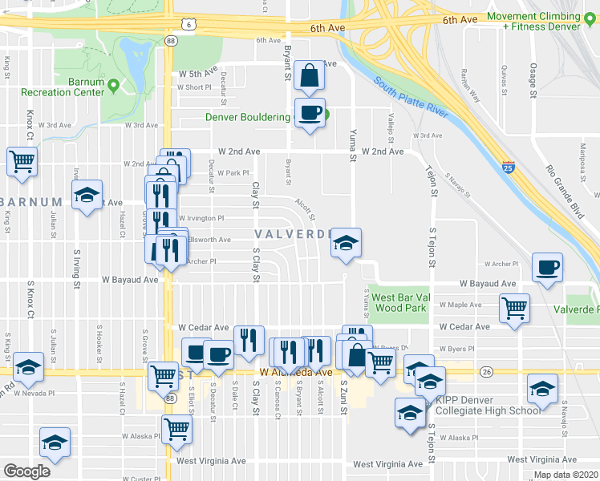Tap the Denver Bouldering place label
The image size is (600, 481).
pyautogui.click(x=247, y=117)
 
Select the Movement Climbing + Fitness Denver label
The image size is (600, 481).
pyautogui.click(x=542, y=21)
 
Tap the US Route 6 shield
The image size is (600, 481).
pyautogui.click(x=187, y=25)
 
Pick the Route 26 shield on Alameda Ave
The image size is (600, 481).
pyautogui.click(x=485, y=371)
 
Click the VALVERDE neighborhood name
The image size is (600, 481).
pyautogui.click(x=293, y=234)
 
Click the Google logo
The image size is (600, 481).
pyautogui.click(x=26, y=471)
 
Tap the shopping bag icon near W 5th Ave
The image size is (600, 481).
pyautogui.click(x=309, y=77)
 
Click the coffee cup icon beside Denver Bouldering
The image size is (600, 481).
pyautogui.click(x=309, y=113)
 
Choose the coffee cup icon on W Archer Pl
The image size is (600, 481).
pyautogui.click(x=547, y=268)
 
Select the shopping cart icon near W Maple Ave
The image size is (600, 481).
pyautogui.click(x=514, y=308)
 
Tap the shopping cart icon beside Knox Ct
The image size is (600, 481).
pyautogui.click(x=21, y=161)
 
